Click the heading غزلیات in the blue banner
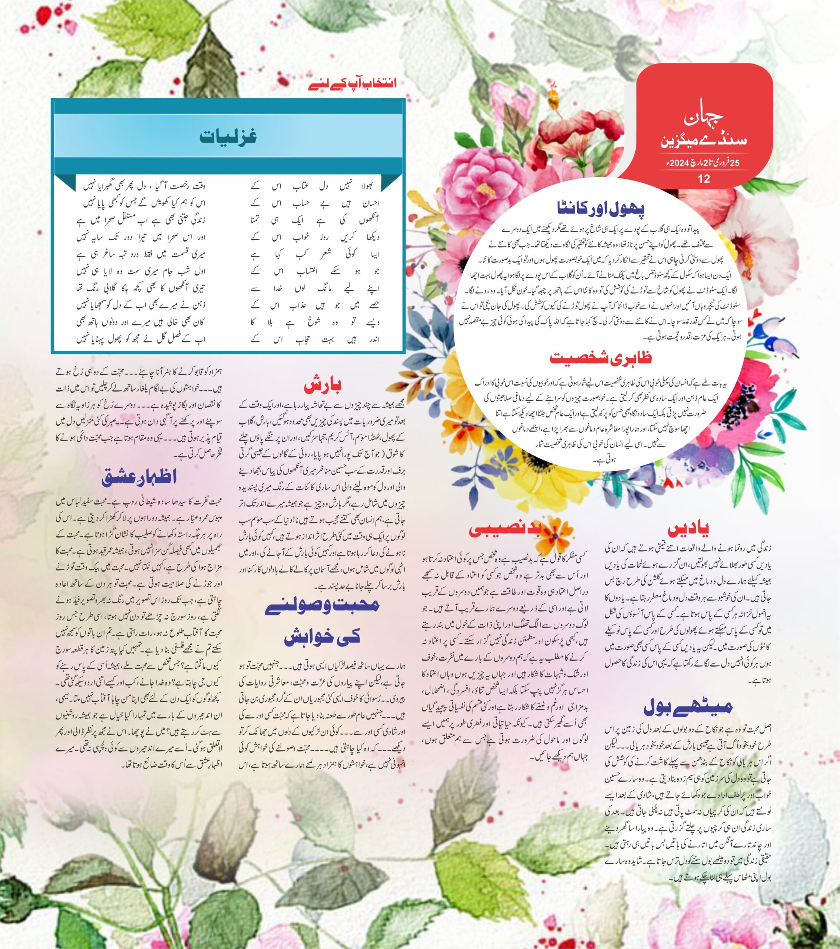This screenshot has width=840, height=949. coord(228,136)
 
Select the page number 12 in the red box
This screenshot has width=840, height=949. coord(704,179)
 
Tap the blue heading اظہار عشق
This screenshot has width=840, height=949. coord(139,477)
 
